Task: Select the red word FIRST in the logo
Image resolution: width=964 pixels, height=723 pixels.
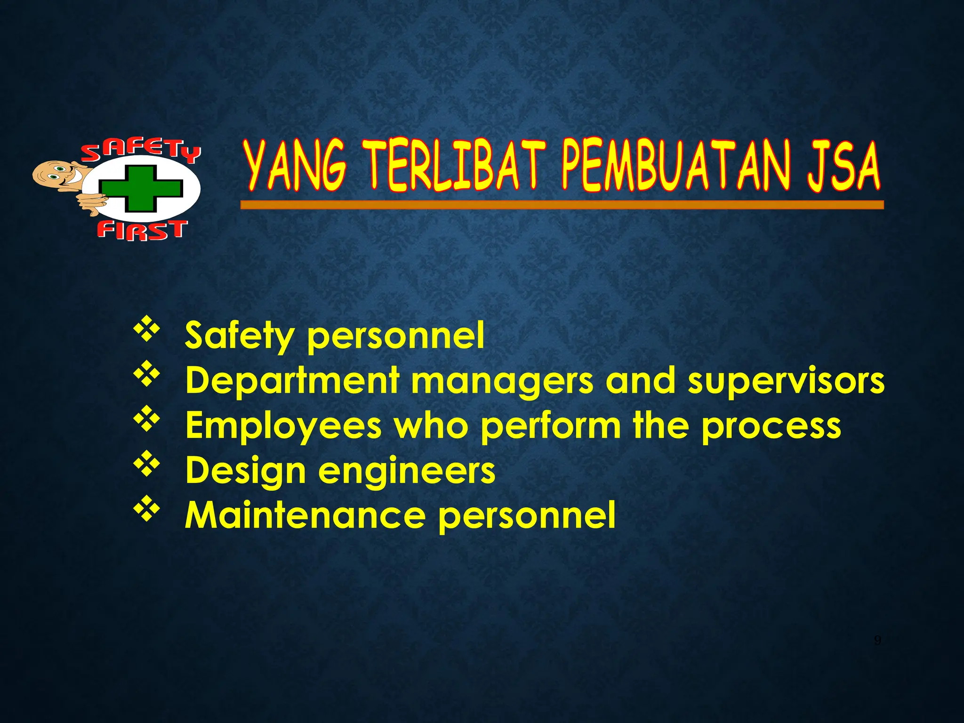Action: click(x=142, y=231)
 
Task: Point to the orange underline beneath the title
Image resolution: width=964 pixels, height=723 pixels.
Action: click(x=562, y=205)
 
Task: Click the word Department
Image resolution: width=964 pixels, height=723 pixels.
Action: click(x=292, y=380)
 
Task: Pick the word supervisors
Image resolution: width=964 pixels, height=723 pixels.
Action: click(x=786, y=380)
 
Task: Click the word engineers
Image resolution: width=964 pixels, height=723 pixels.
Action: click(x=407, y=471)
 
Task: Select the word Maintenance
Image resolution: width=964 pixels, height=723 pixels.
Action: click(x=305, y=514)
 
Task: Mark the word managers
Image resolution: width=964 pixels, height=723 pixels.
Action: click(x=503, y=381)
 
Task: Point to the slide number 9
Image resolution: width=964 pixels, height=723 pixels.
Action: click(x=877, y=641)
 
